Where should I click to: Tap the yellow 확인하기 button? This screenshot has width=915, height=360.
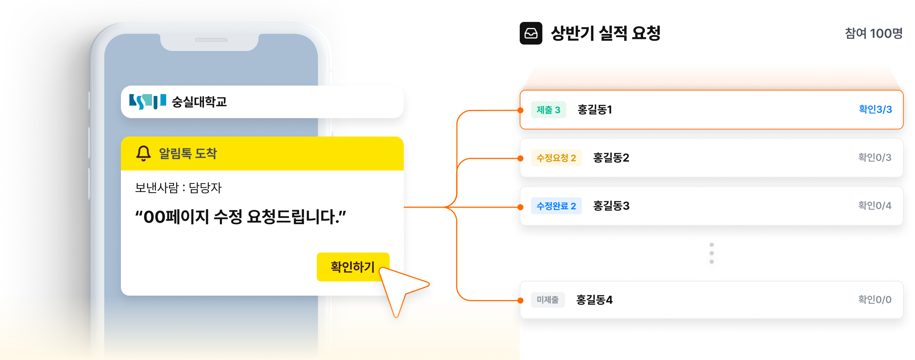[x=353, y=267]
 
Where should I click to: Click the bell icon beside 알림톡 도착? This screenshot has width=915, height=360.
[x=144, y=153]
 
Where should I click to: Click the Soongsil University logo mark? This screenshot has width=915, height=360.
[x=147, y=101]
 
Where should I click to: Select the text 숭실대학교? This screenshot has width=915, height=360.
[x=199, y=102]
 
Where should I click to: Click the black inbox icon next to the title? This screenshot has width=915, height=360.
[x=531, y=33]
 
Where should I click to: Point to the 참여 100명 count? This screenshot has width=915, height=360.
[x=873, y=33]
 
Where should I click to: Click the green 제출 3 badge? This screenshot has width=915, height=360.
[x=548, y=110]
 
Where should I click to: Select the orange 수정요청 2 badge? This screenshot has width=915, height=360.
[x=556, y=158]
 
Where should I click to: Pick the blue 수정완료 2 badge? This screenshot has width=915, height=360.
[x=556, y=206]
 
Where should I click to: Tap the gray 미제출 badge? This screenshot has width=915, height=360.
[x=548, y=300]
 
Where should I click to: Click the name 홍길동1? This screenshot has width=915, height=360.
[x=595, y=110]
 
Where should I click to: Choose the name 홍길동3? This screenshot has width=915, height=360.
[x=611, y=206]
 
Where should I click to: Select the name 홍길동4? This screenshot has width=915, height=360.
[x=594, y=300]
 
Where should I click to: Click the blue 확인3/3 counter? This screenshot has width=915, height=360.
[x=875, y=109]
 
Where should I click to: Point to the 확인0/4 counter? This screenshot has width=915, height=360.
[x=875, y=205]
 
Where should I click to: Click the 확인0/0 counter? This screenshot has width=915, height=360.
[x=875, y=300]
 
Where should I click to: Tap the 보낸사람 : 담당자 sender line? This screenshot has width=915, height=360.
[x=178, y=188]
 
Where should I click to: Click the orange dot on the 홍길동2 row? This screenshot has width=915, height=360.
[x=520, y=158]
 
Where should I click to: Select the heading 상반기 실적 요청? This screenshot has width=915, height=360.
[x=606, y=33]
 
